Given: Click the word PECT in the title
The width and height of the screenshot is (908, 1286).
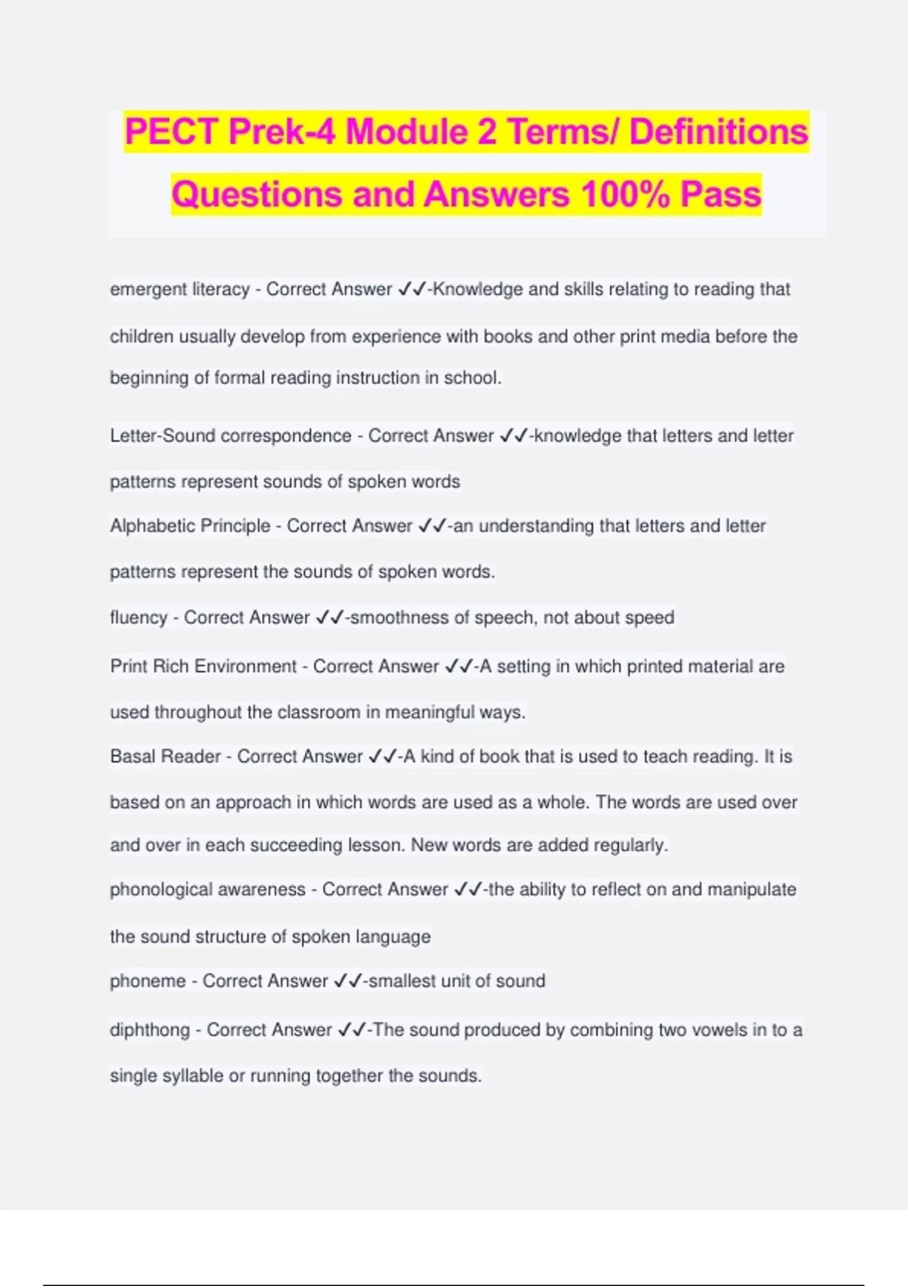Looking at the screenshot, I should (x=172, y=132).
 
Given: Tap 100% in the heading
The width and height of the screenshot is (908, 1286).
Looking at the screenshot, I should (x=625, y=194).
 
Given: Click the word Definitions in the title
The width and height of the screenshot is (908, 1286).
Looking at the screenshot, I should (x=718, y=132).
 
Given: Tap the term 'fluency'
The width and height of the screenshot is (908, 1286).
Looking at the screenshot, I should (x=138, y=618).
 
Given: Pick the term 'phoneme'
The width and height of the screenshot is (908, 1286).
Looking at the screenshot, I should (x=148, y=981).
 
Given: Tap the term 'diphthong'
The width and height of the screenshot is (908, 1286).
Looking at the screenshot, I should (x=150, y=1030).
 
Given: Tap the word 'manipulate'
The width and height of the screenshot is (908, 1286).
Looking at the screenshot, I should (x=751, y=890).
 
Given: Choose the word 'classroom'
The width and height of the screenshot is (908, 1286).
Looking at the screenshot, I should (x=319, y=713).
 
